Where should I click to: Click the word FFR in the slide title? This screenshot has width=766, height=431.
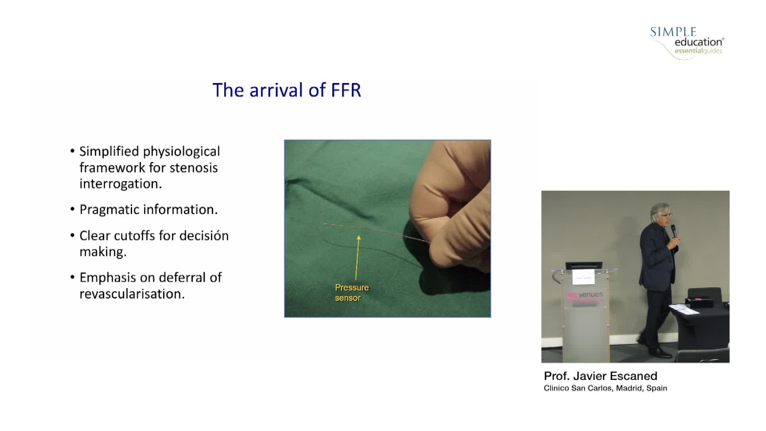346,90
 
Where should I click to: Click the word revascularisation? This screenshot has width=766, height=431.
132,294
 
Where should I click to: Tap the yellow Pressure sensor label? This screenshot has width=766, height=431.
352,293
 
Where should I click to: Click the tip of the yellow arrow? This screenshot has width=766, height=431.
359,235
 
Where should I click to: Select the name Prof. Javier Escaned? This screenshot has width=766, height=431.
600,376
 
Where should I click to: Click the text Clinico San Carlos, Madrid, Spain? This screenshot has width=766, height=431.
605,388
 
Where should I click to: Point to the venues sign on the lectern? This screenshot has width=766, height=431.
585,295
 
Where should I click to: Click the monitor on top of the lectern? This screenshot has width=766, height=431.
584,265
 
